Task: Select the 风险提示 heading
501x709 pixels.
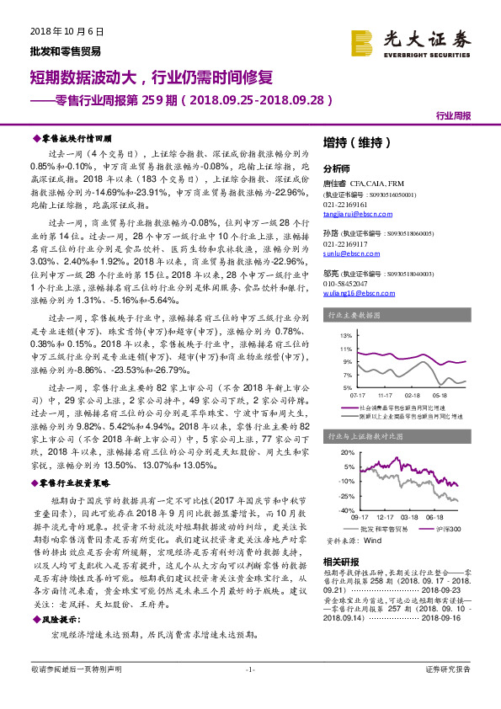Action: [61, 616]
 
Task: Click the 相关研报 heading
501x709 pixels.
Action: [340, 562]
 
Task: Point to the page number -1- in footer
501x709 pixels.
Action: [249, 692]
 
